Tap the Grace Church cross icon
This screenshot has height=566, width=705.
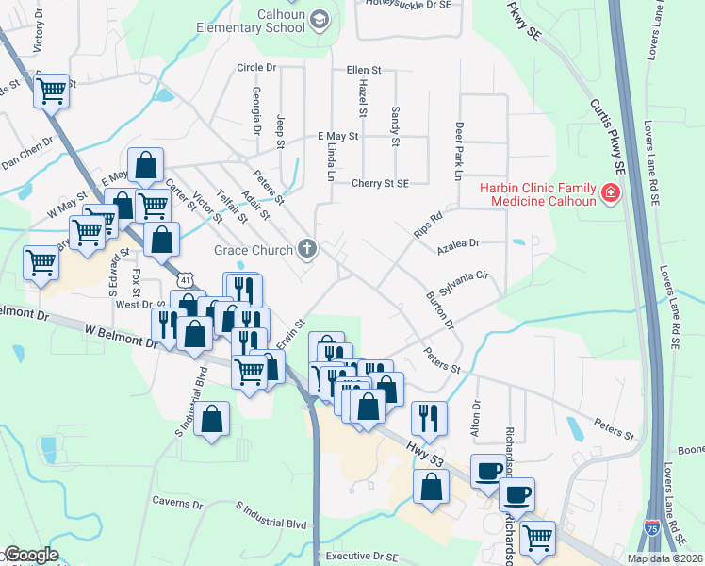(305, 250)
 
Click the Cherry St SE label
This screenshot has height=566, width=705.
(381, 184)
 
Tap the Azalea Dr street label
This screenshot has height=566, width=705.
(458, 243)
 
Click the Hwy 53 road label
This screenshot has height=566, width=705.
(425, 449)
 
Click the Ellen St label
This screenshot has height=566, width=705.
(363, 71)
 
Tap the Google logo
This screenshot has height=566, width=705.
(31, 555)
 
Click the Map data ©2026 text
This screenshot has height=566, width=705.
(664, 558)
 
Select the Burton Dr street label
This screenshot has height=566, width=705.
(440, 310)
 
